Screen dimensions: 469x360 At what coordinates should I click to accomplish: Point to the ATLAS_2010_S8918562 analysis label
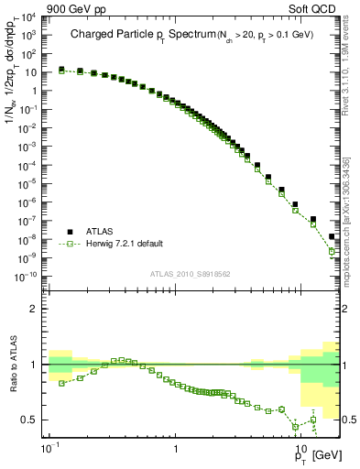(191, 273)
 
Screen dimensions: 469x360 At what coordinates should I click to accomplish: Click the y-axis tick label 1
(36, 91)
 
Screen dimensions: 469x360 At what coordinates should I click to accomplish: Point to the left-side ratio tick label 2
(36, 309)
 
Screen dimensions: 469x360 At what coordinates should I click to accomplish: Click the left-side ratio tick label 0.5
(32, 420)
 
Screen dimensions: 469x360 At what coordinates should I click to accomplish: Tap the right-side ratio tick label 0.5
(348, 420)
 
